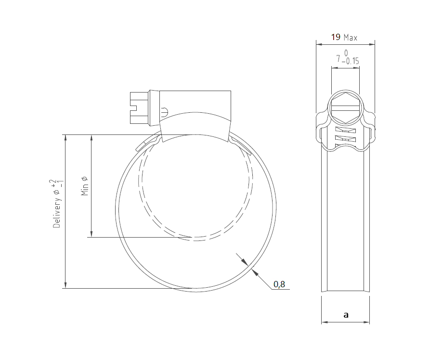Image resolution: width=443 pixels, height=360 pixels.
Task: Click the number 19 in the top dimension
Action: coord(336,37)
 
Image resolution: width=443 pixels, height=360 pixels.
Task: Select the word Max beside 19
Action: coord(351,38)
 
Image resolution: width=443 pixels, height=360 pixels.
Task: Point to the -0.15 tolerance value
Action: coord(351,62)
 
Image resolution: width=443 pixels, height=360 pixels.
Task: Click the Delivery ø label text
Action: coord(57,210)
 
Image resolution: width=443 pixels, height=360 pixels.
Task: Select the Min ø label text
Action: coord(85,186)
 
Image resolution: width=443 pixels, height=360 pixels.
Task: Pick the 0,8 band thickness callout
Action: coord(279,284)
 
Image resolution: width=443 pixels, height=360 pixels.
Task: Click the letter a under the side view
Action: coord(346,315)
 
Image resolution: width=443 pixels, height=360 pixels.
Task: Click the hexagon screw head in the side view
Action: coord(345,109)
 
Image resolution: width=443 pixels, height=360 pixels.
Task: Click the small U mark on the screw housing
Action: coord(164,112)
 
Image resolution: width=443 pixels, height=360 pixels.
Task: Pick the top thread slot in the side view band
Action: coord(345,131)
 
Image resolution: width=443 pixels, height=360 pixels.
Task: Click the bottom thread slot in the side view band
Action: coord(345,140)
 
